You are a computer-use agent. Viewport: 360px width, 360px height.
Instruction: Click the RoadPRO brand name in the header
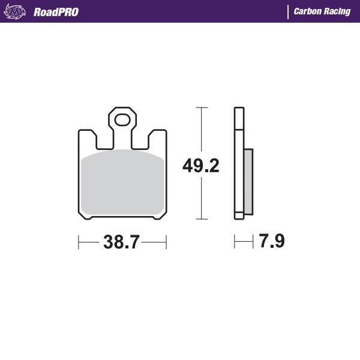[56, 11]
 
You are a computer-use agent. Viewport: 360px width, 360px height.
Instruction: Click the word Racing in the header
[338, 11]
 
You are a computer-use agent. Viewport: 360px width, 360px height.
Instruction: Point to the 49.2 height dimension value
[200, 165]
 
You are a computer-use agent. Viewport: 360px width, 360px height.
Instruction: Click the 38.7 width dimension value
[122, 242]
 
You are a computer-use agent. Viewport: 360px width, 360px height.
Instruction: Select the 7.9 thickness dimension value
[271, 242]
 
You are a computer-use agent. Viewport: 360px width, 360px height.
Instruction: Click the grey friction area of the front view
[123, 183]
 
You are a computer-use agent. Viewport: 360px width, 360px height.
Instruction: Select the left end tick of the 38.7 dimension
[79, 242]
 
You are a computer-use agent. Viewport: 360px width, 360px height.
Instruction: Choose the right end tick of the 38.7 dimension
[166, 242]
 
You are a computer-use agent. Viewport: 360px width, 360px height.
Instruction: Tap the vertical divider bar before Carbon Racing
[288, 11]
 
